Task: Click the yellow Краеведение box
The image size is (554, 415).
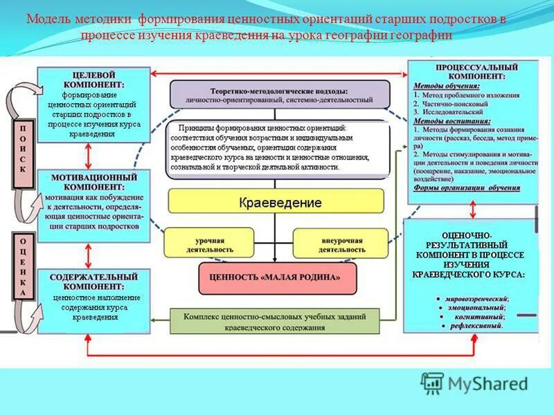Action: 276,201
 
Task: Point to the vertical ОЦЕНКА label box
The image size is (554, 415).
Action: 23,266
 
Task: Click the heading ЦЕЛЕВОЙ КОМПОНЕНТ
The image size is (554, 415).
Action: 93,79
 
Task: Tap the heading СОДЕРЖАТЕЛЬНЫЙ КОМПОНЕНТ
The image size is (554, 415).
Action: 93,281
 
